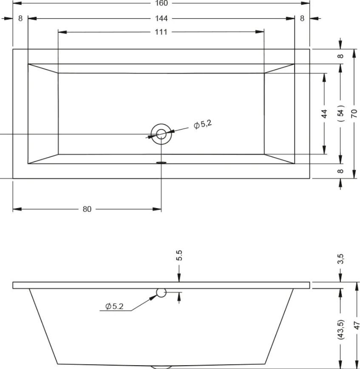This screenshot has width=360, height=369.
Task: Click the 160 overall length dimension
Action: point(162,3)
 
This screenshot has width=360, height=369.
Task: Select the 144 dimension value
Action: point(162,18)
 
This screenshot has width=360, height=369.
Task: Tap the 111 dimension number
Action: point(161,32)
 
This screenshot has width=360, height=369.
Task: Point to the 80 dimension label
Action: point(87,209)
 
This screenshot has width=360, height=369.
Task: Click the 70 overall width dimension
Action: point(354,114)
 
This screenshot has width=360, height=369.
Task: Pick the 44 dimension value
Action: point(324,114)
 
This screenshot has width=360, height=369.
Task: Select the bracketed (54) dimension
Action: point(340,113)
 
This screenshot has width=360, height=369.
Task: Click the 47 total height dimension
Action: point(357,325)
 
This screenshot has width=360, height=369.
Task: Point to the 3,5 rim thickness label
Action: point(341,259)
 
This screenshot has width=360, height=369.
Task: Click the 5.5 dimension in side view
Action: point(179,255)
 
